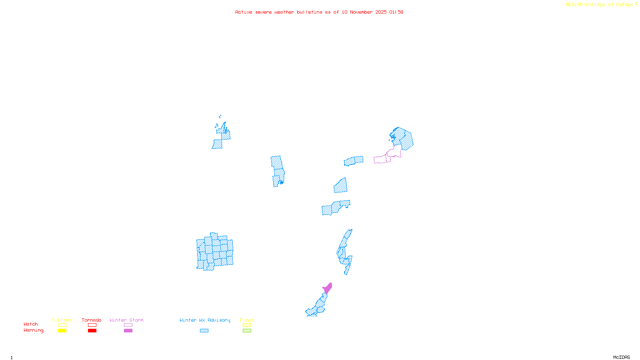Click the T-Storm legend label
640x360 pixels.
62,320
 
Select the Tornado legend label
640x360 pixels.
92,320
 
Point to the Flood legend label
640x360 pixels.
247,320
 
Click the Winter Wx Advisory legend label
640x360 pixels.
205,320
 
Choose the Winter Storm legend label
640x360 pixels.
126,320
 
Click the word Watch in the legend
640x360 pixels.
31,324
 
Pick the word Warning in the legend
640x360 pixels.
34,330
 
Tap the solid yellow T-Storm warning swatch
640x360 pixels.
62,331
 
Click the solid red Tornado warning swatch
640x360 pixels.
92,331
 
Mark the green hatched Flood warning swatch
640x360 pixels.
247,331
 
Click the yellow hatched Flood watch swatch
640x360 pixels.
247,325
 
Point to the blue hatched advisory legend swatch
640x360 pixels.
204,331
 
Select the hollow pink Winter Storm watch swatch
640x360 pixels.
128,325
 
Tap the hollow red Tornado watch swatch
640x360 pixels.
92,325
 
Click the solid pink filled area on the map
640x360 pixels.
328,288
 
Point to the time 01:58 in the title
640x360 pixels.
396,12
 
